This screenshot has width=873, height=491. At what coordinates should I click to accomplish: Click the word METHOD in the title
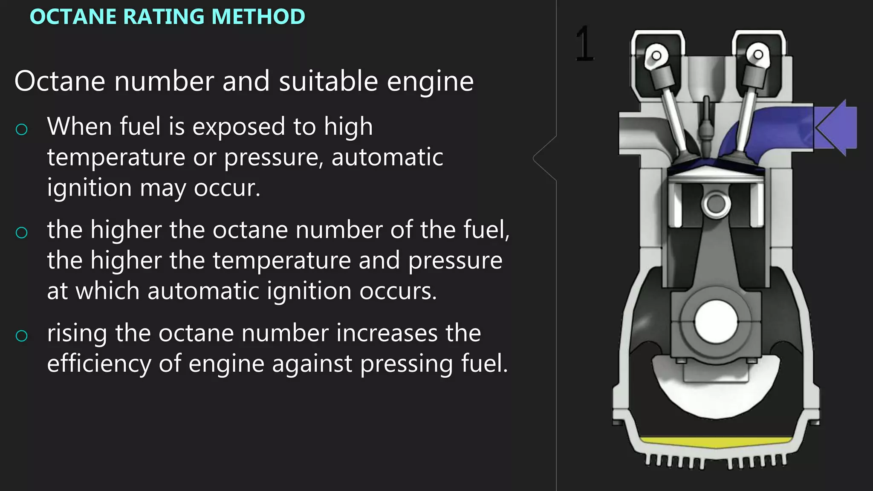pos(258,17)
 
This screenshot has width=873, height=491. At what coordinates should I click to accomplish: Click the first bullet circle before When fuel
pos(21,129)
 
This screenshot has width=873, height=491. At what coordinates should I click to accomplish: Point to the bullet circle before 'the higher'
pos(21,232)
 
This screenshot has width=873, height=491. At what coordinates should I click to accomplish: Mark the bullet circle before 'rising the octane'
pos(21,335)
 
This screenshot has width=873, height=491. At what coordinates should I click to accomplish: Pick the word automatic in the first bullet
pos(387,157)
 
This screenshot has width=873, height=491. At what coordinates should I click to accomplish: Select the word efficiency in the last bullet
pos(99,364)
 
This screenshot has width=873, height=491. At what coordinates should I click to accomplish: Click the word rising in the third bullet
pos(77,334)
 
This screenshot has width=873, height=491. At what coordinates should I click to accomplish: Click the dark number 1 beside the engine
pos(584,43)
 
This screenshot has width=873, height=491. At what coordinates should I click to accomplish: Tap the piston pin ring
pos(716,204)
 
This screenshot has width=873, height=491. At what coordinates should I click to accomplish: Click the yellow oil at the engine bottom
pos(716,442)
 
